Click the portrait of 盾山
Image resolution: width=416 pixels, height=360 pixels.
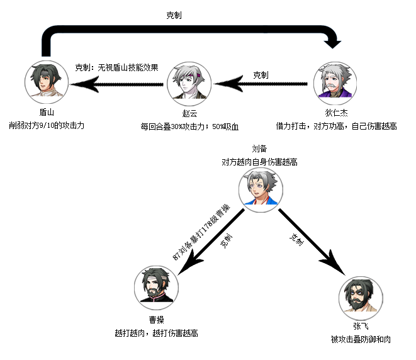click(x=47, y=82)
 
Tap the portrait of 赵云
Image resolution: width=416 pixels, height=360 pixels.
click(x=189, y=84)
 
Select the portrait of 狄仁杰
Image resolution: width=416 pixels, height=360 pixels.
click(x=335, y=83)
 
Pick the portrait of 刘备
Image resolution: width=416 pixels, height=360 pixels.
click(x=261, y=190)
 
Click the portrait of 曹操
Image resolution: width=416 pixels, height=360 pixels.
click(x=156, y=288)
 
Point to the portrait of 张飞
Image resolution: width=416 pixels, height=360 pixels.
click(x=361, y=298)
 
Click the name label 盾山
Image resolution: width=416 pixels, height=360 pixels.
click(x=47, y=113)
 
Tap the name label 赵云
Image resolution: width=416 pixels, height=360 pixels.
click(x=189, y=113)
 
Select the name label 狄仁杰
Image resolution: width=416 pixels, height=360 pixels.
click(x=337, y=113)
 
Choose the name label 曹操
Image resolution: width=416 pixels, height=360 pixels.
click(x=157, y=320)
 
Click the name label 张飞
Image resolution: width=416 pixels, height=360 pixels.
click(x=361, y=326)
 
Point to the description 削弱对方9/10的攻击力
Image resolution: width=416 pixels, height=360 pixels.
click(x=47, y=125)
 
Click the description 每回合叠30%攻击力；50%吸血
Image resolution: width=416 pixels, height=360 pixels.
click(x=189, y=127)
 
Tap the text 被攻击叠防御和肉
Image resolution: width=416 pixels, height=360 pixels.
click(x=361, y=339)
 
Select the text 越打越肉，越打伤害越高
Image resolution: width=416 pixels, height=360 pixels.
click(x=157, y=333)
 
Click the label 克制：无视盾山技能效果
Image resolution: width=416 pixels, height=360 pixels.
click(x=116, y=67)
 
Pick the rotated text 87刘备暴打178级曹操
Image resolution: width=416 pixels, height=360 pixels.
click(x=201, y=232)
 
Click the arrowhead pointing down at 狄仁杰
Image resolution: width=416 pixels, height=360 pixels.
click(x=333, y=44)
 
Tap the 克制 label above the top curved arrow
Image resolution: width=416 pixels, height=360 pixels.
click(x=174, y=15)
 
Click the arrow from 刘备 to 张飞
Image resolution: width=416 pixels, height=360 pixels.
click(x=312, y=242)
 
